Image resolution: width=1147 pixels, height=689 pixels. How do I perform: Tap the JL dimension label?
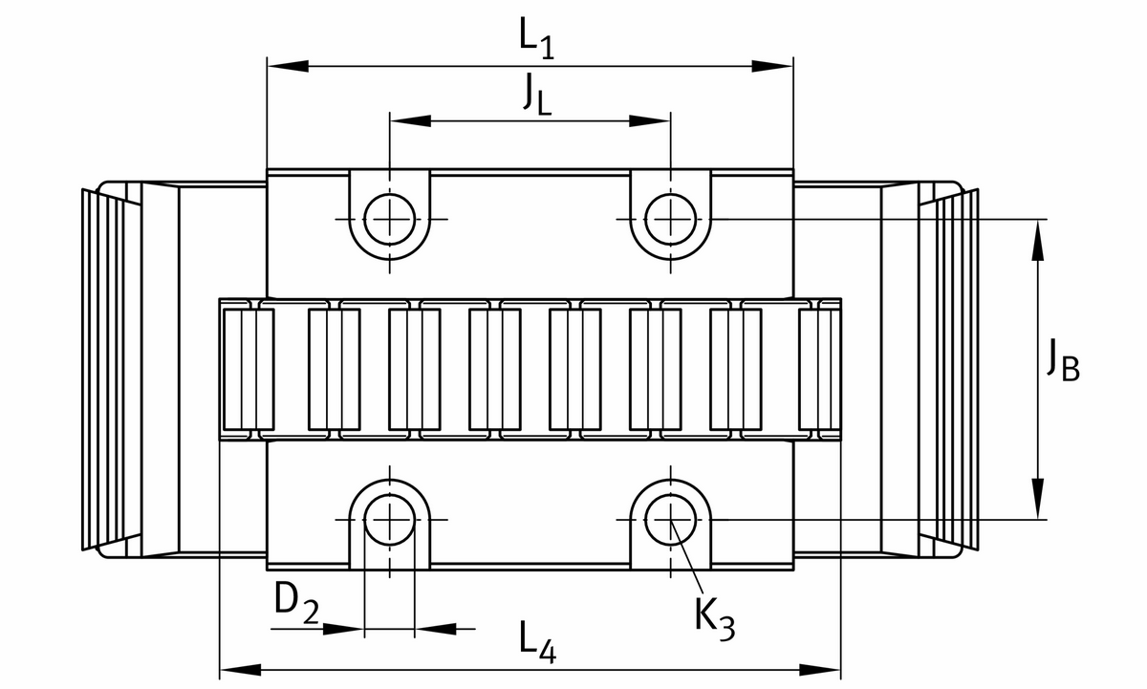[536, 95]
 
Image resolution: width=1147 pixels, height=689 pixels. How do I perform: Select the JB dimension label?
[1061, 363]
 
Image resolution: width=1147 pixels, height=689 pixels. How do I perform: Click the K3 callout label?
[715, 618]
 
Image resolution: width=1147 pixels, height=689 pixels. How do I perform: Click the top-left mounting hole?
[390, 218]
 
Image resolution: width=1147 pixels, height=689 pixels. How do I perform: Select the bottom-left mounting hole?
[390, 520]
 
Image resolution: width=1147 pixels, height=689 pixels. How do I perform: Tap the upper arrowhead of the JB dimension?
[1038, 238]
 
